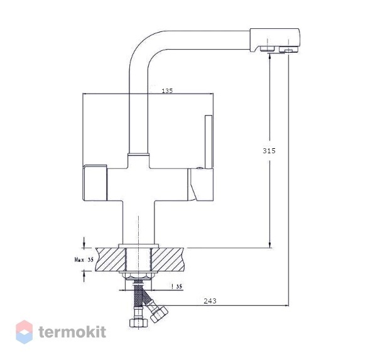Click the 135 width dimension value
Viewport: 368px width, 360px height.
[167, 90]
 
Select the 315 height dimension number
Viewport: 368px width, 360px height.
[269, 151]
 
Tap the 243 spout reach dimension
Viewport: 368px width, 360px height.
[210, 301]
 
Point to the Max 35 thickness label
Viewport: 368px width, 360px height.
[84, 259]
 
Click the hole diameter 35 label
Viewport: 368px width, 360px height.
[176, 286]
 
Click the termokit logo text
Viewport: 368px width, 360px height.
[72, 332]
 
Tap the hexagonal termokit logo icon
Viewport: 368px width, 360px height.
[24, 332]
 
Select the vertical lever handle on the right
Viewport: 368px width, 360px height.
[208, 142]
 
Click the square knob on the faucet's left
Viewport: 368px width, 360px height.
[95, 183]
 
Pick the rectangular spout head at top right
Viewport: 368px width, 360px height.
[274, 40]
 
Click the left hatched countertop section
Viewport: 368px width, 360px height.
[111, 259]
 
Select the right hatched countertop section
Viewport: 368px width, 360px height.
[167, 259]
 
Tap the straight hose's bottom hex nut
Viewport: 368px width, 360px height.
[139, 322]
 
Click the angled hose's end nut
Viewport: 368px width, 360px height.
[159, 314]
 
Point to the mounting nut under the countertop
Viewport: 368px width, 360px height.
[138, 276]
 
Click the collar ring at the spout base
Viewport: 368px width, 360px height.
[138, 155]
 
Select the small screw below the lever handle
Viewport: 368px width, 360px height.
[200, 168]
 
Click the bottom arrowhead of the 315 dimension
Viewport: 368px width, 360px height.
[270, 244]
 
